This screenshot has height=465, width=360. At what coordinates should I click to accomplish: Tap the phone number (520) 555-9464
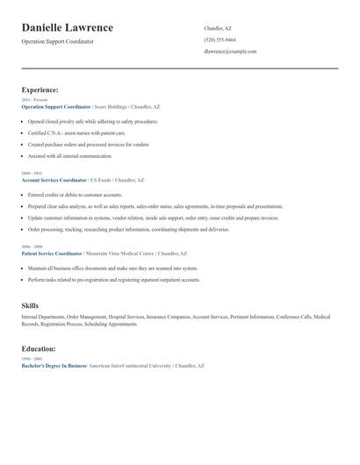(x=220, y=39)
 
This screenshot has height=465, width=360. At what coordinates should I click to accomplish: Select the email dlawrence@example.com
(x=230, y=51)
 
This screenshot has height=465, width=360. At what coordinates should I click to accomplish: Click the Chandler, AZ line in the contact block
(x=218, y=28)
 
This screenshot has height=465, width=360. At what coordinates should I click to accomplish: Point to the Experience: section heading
(x=40, y=89)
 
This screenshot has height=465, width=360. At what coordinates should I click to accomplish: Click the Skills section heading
(x=30, y=305)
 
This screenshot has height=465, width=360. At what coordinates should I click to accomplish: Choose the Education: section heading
(x=39, y=348)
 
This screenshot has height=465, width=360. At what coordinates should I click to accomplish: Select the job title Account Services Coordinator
(x=54, y=179)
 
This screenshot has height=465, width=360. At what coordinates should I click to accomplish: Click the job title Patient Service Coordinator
(x=53, y=253)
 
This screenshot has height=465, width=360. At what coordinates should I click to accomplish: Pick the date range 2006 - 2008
(x=31, y=247)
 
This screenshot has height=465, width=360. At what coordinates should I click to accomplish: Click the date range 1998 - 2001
(x=31, y=359)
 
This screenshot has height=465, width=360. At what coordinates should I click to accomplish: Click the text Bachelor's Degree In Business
(x=54, y=364)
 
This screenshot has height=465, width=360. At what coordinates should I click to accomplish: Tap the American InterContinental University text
(x=128, y=364)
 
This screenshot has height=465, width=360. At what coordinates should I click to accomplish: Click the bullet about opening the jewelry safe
(x=93, y=121)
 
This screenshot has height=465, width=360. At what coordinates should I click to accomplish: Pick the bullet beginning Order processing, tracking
(x=128, y=228)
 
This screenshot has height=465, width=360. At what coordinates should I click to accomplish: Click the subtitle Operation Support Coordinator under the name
(x=57, y=41)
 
